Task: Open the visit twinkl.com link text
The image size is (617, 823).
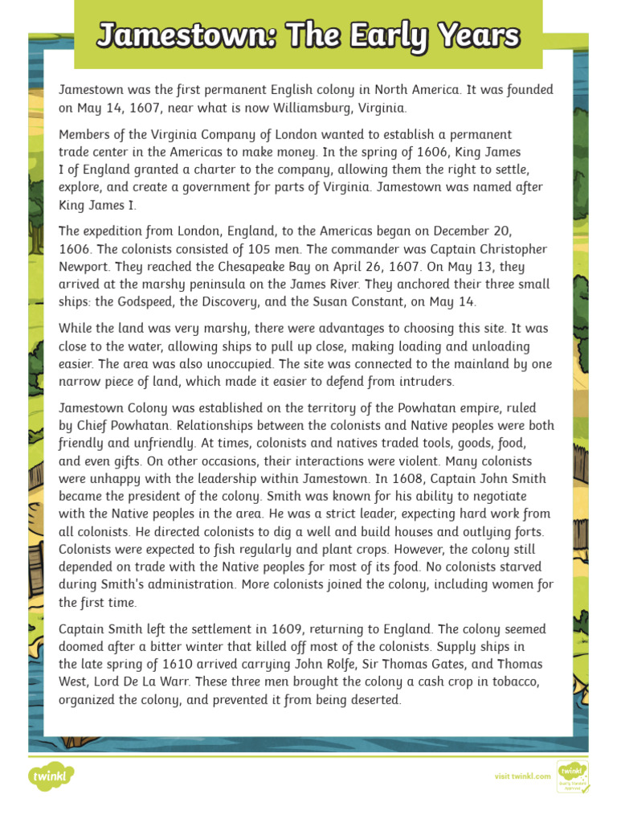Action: click(x=522, y=776)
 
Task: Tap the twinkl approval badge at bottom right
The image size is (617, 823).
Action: click(x=573, y=776)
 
